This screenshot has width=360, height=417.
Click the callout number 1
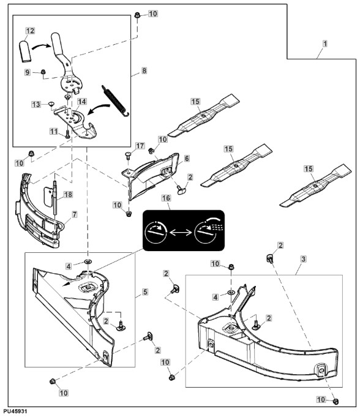tap(324, 43)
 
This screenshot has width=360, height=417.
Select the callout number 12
tap(30, 31)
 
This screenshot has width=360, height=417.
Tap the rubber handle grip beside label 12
tap(25, 51)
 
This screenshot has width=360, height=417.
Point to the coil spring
tap(116, 100)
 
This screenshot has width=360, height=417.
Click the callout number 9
tap(28, 72)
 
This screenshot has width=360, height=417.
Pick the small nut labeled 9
tap(43, 72)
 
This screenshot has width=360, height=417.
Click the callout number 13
tap(36, 104)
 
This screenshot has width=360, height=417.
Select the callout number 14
tap(82, 101)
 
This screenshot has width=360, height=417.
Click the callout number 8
tap(144, 71)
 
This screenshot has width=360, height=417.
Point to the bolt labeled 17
tap(128, 155)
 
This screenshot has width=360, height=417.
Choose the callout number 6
tap(187, 159)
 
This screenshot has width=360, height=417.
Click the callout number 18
tap(68, 194)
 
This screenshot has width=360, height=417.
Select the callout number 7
tap(75, 214)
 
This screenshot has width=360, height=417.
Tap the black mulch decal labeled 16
tap(184, 231)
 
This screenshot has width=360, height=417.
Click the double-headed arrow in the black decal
tap(181, 233)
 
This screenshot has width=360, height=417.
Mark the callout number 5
tap(145, 292)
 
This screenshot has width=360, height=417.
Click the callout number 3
tap(304, 259)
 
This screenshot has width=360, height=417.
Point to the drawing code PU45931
tap(16, 411)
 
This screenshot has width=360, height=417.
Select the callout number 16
tap(166, 198)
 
